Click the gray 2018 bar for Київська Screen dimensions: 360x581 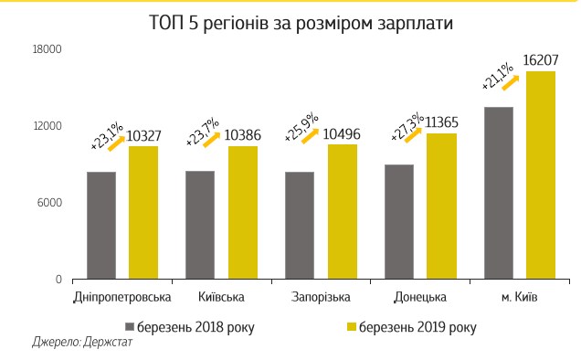point(200,225)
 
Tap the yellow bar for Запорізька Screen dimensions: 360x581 point(342,211)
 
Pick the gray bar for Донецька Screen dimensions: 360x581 point(399,221)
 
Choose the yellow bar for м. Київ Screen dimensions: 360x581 point(540,175)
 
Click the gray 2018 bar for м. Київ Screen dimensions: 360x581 point(498,193)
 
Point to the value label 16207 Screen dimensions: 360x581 point(541,60)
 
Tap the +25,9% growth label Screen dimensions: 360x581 point(300,127)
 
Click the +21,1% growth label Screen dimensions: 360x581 point(497,75)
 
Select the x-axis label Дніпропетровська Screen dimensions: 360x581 point(122,298)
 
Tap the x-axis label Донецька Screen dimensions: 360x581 point(419,298)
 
